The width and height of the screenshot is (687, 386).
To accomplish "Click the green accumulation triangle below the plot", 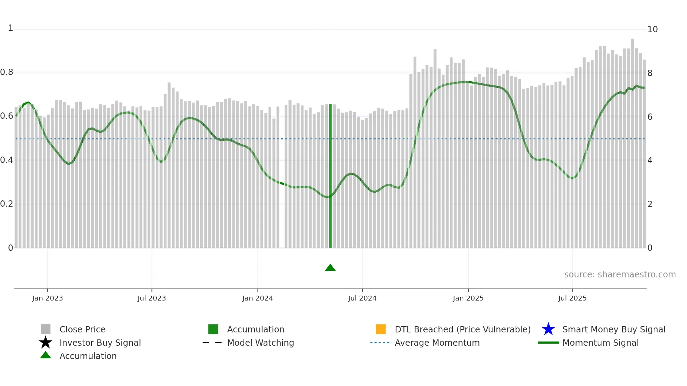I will pos(330,268).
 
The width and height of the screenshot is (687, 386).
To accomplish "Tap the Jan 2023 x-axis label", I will pos(47,298).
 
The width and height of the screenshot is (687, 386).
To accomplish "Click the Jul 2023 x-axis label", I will pos(151,298).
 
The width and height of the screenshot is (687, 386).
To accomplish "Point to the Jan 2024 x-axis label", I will pos(257,298).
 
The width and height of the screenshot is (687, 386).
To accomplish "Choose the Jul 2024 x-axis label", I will pos(362,298).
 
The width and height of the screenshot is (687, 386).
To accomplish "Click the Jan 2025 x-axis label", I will pos(468,298).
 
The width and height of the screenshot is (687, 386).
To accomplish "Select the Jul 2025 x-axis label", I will pos(572,298).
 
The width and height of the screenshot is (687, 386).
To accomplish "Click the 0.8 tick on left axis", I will pos(7,73).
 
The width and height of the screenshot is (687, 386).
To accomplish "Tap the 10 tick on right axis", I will pos(652,29).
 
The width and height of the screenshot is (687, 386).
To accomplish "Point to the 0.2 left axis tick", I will pos(7,204).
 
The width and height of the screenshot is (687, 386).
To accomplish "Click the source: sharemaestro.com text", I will pos(620,275).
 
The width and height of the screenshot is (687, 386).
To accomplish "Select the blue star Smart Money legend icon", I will pos(548,329).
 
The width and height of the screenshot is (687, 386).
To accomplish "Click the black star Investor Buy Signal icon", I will pos(46,343).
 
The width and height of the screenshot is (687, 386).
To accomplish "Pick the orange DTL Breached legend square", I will pos(381,329).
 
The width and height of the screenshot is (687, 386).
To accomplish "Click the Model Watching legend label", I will pos(260,343).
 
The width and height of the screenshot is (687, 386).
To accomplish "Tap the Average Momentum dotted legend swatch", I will pos(380,343).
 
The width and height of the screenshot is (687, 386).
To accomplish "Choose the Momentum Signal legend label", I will pos(600,343).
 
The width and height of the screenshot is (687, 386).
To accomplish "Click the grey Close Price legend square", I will pos(46,329).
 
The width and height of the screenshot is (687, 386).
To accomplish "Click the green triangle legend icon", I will pos(46,356).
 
